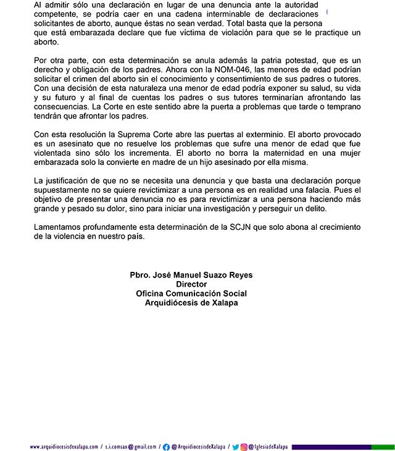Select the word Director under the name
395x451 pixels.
click(191, 284)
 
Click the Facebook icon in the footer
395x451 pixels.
click(166, 446)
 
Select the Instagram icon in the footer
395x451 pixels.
click(244, 446)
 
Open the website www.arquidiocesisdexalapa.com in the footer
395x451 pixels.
click(64, 446)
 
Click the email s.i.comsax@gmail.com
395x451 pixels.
click(130, 446)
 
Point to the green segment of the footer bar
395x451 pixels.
click(380, 446)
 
